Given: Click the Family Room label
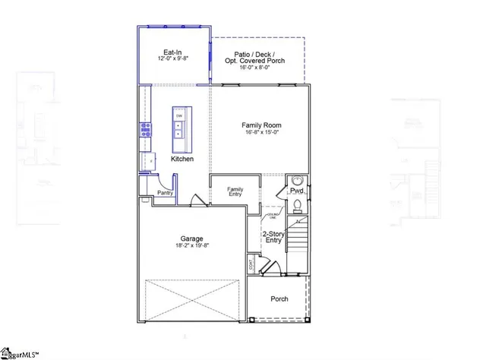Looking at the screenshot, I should coord(261,125).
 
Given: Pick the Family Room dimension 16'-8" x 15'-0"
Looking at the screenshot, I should coord(261,133).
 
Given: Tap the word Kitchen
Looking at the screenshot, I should coord(181,159).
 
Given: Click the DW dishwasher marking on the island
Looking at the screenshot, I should coord(179,115).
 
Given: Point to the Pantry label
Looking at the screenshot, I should coord(165,193).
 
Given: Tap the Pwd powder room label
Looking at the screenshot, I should coord(296,191).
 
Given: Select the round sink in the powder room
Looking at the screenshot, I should coord(297,181).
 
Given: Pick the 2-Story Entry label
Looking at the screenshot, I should coord(273,237).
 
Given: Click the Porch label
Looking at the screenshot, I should coord(279,298).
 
